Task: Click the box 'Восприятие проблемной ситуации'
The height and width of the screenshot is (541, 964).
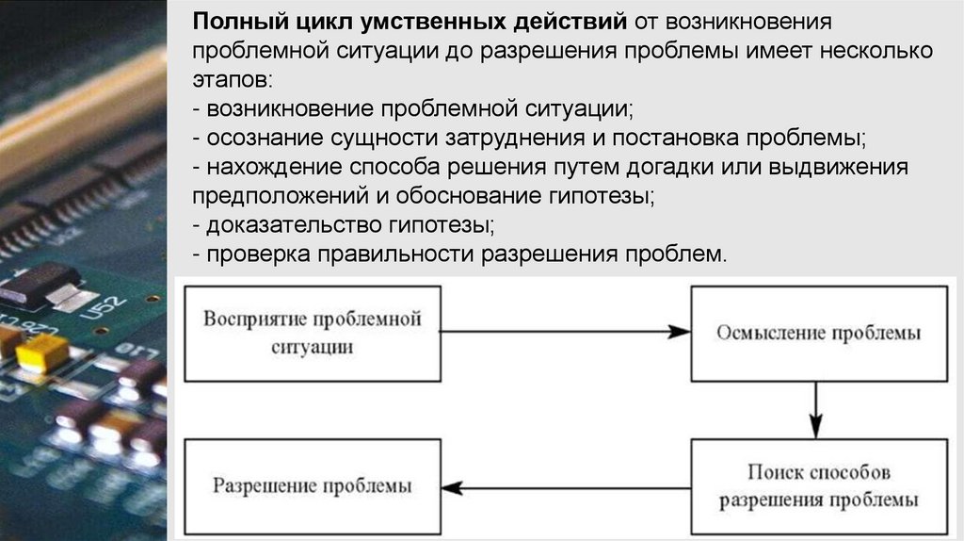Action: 313,332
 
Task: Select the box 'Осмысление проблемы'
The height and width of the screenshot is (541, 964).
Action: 818,333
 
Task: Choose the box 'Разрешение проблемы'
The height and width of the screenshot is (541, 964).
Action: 312,487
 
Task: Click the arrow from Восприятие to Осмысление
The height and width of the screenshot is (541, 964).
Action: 565,332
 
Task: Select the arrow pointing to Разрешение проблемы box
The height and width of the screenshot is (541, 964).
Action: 565,487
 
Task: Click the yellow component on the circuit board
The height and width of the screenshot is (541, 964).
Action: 41,353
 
